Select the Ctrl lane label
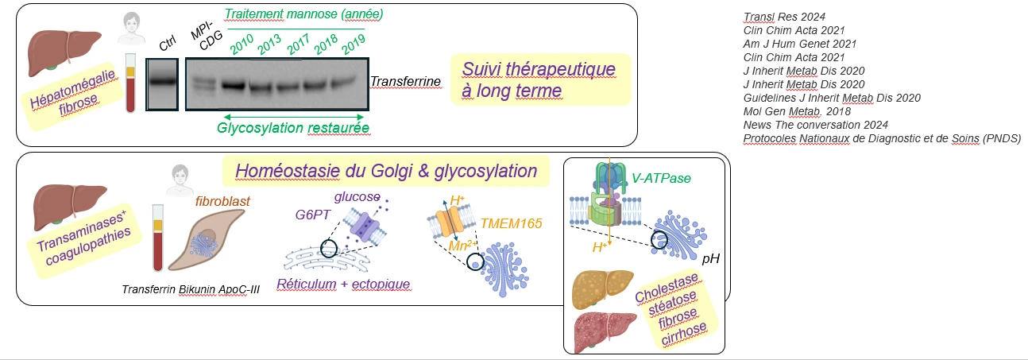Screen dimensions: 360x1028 click(x=167, y=44)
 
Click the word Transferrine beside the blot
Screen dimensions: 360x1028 click(x=405, y=81)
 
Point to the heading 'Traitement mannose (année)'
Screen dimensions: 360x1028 click(x=294, y=14)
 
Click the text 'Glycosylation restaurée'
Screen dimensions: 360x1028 click(x=294, y=127)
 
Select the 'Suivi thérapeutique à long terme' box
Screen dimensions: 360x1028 click(x=540, y=79)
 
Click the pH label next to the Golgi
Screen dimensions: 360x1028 click(x=709, y=259)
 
